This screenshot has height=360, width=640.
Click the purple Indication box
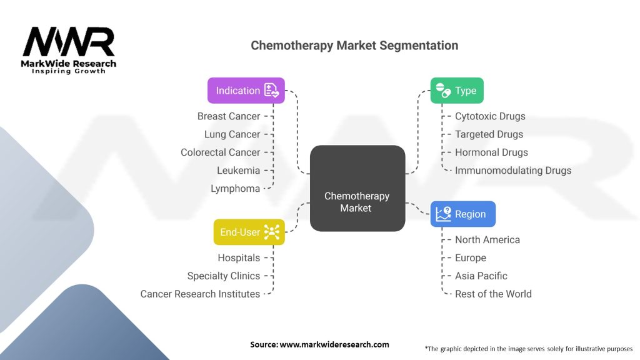pyautogui.click(x=246, y=91)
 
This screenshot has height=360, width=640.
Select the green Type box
pyautogui.click(x=457, y=91)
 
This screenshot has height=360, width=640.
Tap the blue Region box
pyautogui.click(x=463, y=214)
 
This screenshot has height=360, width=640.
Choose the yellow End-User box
pyautogui.click(x=249, y=232)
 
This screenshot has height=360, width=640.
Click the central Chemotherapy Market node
pyautogui.click(x=357, y=188)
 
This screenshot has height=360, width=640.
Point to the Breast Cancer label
pyautogui.click(x=229, y=116)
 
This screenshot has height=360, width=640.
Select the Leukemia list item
pyautogui.click(x=238, y=170)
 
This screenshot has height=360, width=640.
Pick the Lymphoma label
pyautogui.click(x=235, y=189)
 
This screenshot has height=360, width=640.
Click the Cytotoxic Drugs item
pyautogui.click(x=490, y=116)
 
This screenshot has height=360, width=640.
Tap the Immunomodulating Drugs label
pyautogui.click(x=513, y=170)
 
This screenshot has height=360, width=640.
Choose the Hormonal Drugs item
pyautogui.click(x=491, y=152)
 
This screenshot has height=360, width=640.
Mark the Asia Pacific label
pyautogui.click(x=481, y=276)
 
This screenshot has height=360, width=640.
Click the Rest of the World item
pyautogui.click(x=493, y=294)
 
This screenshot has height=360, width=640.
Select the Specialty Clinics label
pyautogui.click(x=224, y=276)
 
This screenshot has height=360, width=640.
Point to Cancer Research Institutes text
pyautogui.click(x=200, y=294)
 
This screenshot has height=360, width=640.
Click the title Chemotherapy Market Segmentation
pyautogui.click(x=354, y=45)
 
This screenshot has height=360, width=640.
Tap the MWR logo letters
pyautogui.click(x=69, y=42)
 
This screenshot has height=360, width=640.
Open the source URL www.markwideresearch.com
pyautogui.click(x=334, y=344)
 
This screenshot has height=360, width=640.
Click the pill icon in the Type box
pyautogui.click(x=443, y=90)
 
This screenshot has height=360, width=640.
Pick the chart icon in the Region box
pyautogui.click(x=443, y=214)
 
